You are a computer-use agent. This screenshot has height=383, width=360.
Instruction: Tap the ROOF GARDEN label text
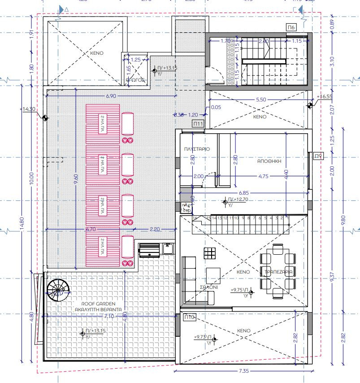pyautogui.click(x=90, y=304)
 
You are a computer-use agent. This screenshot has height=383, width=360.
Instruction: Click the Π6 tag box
pyautogui.click(x=291, y=28)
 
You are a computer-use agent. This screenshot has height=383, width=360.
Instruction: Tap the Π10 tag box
pyautogui.click(x=189, y=317)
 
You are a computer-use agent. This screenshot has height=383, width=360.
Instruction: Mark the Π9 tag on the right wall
pyautogui.click(x=318, y=156)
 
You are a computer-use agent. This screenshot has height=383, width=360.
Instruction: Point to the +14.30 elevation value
pyautogui.click(x=28, y=109)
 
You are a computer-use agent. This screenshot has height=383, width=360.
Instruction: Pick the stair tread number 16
pyautogui.click(x=195, y=218)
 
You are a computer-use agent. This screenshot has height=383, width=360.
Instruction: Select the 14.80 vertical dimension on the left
pyautogui.click(x=22, y=224)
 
